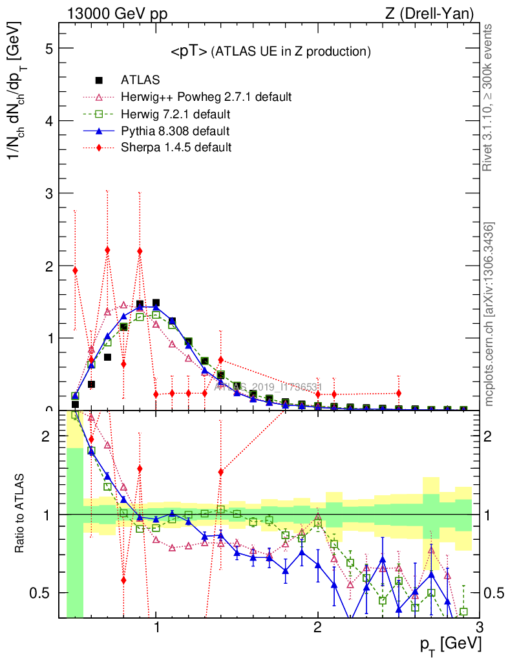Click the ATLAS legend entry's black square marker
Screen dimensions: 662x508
click(100, 80)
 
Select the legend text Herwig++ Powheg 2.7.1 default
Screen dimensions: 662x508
click(206, 97)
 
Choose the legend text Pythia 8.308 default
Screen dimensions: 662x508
click(175, 131)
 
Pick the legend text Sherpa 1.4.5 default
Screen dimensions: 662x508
click(176, 148)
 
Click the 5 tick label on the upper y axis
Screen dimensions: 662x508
click(48, 48)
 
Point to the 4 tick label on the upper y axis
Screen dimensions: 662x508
click(48, 121)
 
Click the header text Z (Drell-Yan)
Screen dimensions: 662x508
click(434, 12)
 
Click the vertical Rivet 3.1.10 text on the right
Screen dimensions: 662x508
click(489, 98)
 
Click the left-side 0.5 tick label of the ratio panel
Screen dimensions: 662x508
click(43, 593)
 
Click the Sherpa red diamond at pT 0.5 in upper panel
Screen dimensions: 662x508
click(75, 271)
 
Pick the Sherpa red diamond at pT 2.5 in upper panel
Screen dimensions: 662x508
click(399, 393)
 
